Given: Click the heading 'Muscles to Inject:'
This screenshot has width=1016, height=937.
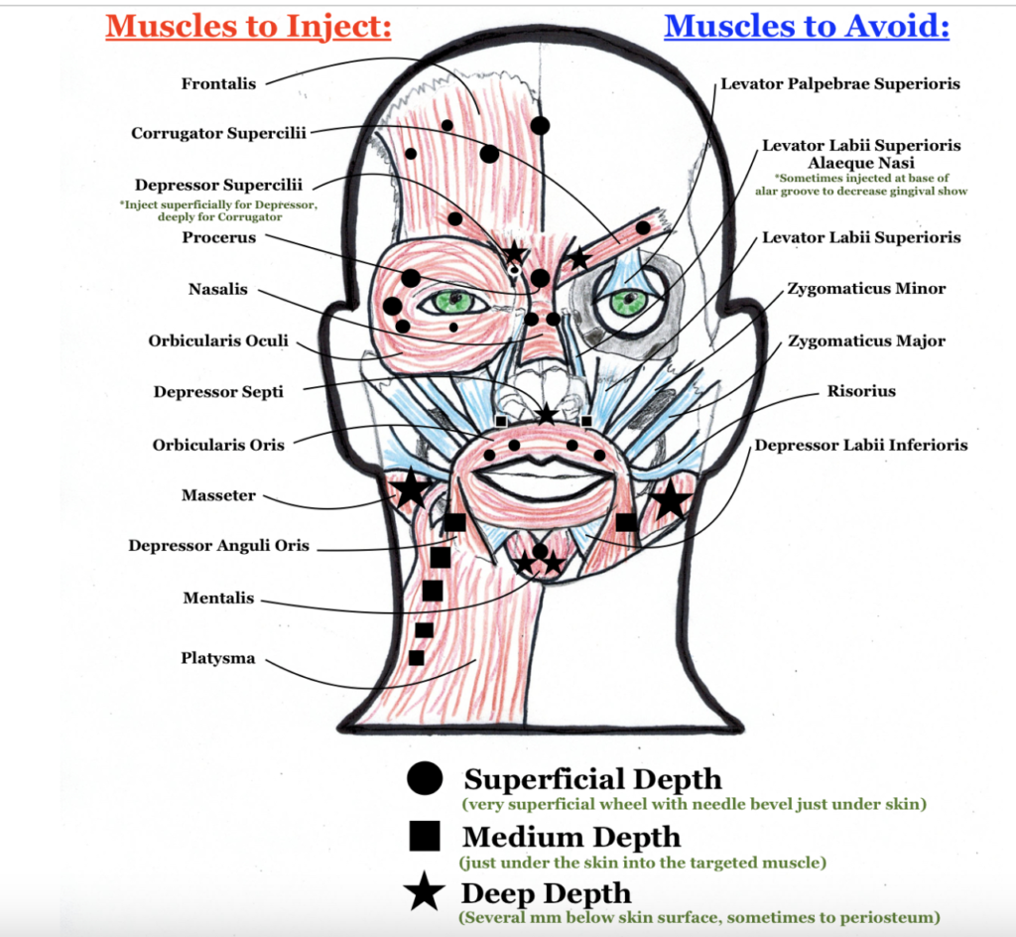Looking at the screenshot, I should [x=248, y=26].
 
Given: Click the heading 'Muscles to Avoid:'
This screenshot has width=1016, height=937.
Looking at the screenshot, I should [x=807, y=26].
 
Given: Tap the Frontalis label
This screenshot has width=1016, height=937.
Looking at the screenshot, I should [x=218, y=84].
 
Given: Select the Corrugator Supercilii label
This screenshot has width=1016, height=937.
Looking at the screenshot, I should [x=219, y=133].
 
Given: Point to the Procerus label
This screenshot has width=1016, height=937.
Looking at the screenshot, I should [x=218, y=238].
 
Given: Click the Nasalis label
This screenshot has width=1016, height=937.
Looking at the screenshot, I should [x=218, y=290].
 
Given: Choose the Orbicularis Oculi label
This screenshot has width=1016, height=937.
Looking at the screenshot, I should [x=218, y=341].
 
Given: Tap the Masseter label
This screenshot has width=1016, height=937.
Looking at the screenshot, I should [x=218, y=495].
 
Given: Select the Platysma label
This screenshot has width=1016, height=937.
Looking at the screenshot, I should [x=218, y=658].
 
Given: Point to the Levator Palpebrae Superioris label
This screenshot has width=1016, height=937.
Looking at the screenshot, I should [x=840, y=84].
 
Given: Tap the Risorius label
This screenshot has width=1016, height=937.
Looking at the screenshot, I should [x=861, y=391].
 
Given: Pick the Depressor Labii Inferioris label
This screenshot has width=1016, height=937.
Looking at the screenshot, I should [x=860, y=445].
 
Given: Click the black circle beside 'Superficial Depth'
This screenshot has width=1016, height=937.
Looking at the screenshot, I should [x=425, y=779].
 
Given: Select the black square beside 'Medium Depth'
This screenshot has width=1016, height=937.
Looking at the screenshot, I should [x=425, y=837].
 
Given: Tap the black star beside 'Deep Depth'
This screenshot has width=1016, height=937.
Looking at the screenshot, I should [x=425, y=893].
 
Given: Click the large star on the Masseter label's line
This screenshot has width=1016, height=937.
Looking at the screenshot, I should [x=410, y=489].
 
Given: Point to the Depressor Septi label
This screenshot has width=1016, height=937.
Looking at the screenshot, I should [x=218, y=392].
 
